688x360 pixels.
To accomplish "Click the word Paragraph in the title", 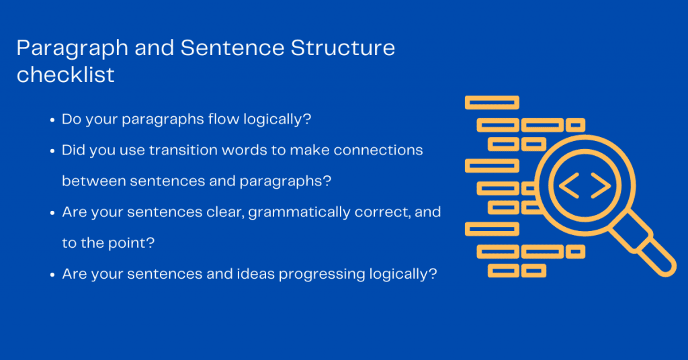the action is pyautogui.click(x=73, y=49).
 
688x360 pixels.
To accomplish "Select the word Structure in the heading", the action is pyautogui.click(x=343, y=48).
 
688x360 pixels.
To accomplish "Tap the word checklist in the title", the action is pyautogui.click(x=65, y=74).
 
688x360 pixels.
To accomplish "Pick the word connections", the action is pyautogui.click(x=378, y=150).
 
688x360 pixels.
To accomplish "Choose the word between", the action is pyautogui.click(x=93, y=181).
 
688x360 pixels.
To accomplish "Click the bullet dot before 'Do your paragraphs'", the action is pyautogui.click(x=52, y=120).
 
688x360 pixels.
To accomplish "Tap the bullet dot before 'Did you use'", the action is pyautogui.click(x=52, y=151).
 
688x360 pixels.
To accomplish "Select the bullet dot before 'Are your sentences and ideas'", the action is pyautogui.click(x=52, y=275).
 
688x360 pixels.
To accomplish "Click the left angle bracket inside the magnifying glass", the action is pyautogui.click(x=568, y=185).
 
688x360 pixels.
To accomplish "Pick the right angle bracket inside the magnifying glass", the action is pyautogui.click(x=601, y=185).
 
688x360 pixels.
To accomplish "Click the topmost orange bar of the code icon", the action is pyautogui.click(x=492, y=103).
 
